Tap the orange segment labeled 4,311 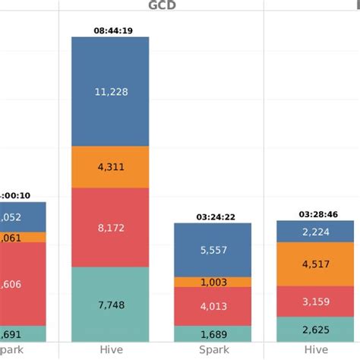coord(110,167)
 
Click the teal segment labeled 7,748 coord(110,304)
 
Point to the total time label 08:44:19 coord(110,31)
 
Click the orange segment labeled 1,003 coord(213,282)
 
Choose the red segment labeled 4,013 coord(213,307)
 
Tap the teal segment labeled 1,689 coord(213,333)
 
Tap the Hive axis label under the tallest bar coord(110,350)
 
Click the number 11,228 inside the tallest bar coord(110,92)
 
